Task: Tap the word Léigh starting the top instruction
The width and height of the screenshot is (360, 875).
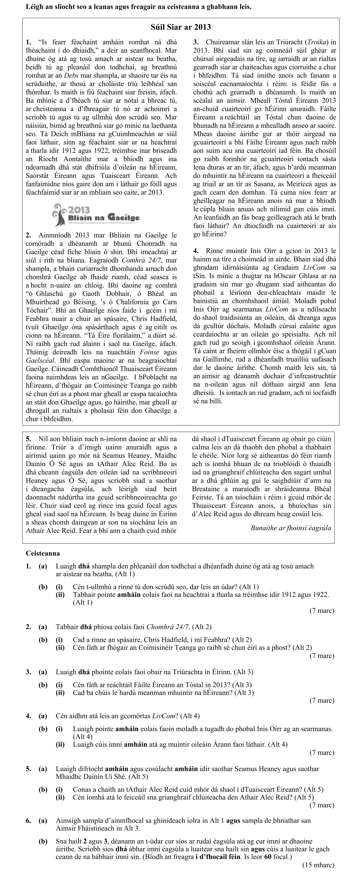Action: coord(34,7)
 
